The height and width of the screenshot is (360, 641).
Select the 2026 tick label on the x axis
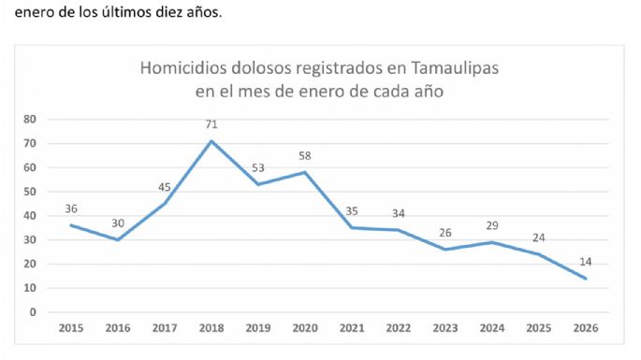[587, 328]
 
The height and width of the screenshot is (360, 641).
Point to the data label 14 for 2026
[587, 262]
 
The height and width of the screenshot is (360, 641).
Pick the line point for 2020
[305, 172]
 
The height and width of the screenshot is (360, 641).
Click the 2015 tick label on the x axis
[71, 328]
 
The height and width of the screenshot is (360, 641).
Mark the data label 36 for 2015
[71, 209]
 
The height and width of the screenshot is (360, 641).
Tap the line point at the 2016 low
[118, 239]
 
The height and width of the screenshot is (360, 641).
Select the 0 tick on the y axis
[33, 312]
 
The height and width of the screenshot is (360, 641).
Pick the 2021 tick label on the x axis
[353, 328]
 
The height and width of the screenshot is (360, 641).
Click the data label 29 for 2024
[493, 225]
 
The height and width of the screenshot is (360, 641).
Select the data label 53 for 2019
[258, 167]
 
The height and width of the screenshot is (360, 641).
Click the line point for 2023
[446, 250]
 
